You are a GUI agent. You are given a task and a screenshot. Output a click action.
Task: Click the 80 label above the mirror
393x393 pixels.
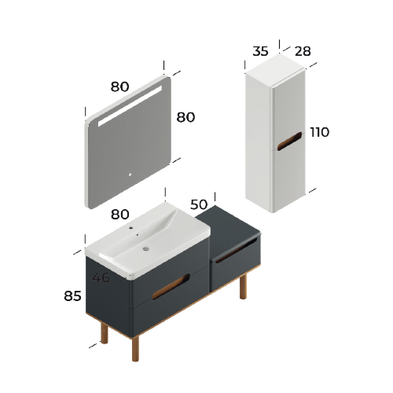click(x=119, y=87)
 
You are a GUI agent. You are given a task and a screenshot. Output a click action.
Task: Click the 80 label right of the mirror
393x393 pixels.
click(x=185, y=117)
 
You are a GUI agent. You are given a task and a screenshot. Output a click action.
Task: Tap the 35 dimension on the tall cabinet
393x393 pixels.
click(x=260, y=52)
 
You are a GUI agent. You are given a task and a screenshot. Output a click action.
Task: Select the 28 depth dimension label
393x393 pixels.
click(x=302, y=52)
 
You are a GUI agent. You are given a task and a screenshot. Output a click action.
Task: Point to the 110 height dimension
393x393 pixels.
click(x=319, y=132)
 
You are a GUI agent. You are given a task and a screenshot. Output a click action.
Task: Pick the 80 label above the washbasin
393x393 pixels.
click(x=119, y=214)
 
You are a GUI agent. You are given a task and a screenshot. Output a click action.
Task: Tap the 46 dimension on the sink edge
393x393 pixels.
click(x=101, y=277)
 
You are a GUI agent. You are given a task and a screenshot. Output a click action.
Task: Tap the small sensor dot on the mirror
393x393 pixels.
click(x=131, y=174)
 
